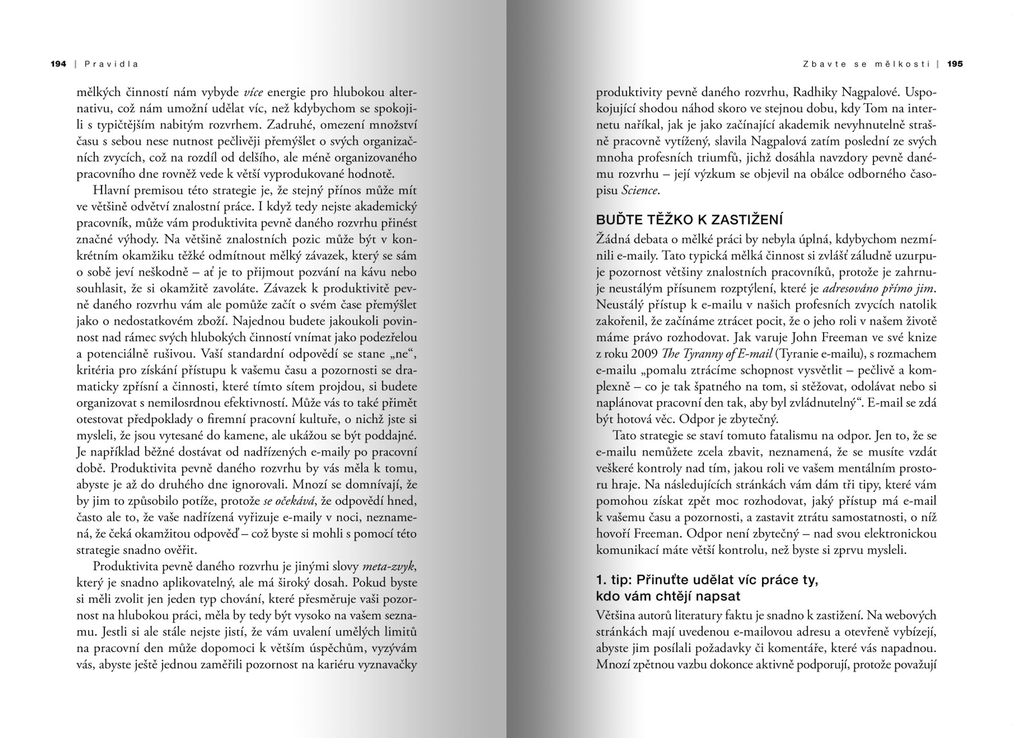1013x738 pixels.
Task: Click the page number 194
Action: click(x=58, y=64)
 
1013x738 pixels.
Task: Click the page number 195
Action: click(x=955, y=64)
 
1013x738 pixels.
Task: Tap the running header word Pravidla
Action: click(x=112, y=64)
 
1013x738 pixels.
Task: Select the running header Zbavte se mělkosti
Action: click(x=866, y=64)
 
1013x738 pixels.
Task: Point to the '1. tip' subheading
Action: click(x=707, y=588)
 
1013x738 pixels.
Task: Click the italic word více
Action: click(x=253, y=92)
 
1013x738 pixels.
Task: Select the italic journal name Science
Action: click(x=640, y=190)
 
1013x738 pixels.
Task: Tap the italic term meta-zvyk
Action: click(x=388, y=566)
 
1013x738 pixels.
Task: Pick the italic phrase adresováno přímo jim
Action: click(x=878, y=289)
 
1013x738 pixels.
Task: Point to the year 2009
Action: click(x=645, y=354)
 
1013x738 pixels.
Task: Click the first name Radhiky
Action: click(x=816, y=92)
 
